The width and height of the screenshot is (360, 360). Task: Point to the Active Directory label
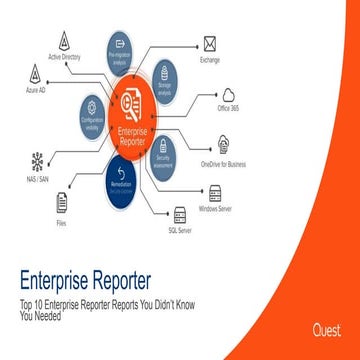click(x=64, y=57)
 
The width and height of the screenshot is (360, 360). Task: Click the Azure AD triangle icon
click(x=36, y=75)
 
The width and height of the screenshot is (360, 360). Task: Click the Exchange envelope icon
click(x=209, y=43)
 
